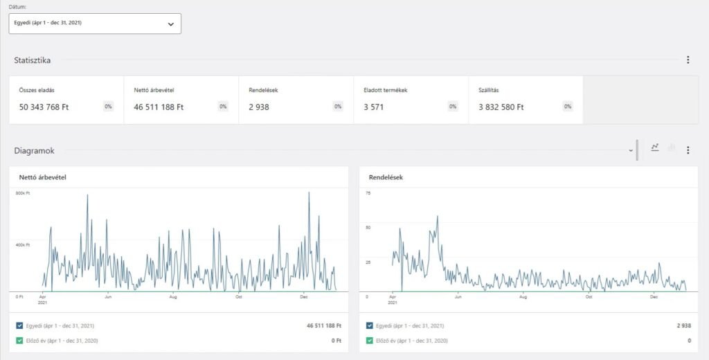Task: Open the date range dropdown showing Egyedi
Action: pyautogui.click(x=95, y=24)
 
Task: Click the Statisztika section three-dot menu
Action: pyautogui.click(x=688, y=60)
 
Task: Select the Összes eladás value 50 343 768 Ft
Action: pyautogui.click(x=44, y=107)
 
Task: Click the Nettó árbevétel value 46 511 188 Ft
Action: pyautogui.click(x=159, y=107)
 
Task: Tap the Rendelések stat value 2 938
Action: pyautogui.click(x=259, y=107)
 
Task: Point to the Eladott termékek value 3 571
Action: pyautogui.click(x=373, y=107)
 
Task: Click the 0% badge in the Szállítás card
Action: pyautogui.click(x=568, y=107)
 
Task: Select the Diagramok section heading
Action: pyautogui.click(x=34, y=150)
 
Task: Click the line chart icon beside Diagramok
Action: pyautogui.click(x=655, y=147)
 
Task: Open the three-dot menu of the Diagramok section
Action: pyautogui.click(x=688, y=150)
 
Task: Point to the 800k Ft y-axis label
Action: pyautogui.click(x=23, y=193)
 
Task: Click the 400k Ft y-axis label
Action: pyautogui.click(x=23, y=245)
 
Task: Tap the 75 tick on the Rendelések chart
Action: pyautogui.click(x=368, y=193)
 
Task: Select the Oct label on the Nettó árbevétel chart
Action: pyautogui.click(x=239, y=297)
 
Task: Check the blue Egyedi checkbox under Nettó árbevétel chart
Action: pyautogui.click(x=19, y=325)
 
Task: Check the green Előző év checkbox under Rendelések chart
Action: pyautogui.click(x=370, y=341)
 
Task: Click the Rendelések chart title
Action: pyautogui.click(x=386, y=178)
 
